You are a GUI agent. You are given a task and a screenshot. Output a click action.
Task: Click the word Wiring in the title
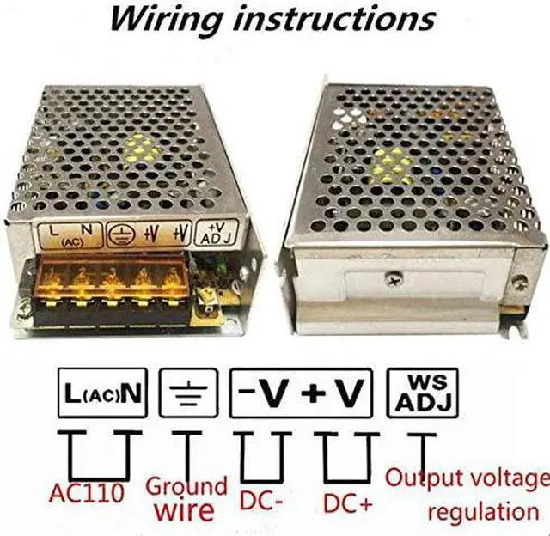pos(166,20)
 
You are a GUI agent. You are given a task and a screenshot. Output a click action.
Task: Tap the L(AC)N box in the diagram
pos(102,393)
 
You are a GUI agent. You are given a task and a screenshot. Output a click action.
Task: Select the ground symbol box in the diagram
pos(188,393)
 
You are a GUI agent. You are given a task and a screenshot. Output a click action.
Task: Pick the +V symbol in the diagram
pos(332,392)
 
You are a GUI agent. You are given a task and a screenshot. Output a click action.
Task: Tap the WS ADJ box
pos(422,393)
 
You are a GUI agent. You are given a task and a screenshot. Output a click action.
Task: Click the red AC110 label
pos(87,492)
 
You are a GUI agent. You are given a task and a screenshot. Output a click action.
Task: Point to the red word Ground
pos(186,486)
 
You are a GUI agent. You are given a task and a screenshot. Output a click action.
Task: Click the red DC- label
pos(261,500)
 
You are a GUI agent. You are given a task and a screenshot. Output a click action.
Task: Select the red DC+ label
pos(347,503)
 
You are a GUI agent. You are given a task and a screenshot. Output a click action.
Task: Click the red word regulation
pos(483,513)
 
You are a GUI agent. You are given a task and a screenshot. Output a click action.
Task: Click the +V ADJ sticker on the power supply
pos(216,233)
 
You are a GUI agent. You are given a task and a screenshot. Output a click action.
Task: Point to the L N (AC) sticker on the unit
pos(70,235)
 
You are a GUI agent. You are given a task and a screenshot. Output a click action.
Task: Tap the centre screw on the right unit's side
pos(393,279)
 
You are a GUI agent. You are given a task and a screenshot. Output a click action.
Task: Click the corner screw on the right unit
pos(519,282)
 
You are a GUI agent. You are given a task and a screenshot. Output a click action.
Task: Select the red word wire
pos(185,510)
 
